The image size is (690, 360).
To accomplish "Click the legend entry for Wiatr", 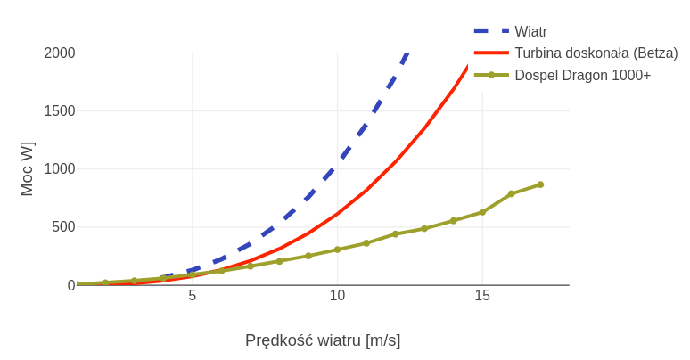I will (530, 31).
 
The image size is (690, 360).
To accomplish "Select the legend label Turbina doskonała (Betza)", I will (596, 53).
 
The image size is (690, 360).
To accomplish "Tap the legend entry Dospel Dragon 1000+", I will (582, 76).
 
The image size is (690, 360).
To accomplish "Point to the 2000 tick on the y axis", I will (60, 53).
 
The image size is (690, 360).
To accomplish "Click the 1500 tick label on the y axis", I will (60, 111).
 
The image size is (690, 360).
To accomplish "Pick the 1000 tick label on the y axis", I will (60, 169).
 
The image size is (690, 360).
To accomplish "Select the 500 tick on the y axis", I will (64, 227).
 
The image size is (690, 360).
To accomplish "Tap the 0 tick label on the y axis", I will (71, 285).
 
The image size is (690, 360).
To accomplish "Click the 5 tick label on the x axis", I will (193, 296).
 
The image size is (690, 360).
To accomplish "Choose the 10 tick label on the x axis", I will (337, 296).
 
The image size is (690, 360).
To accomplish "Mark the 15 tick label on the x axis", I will (482, 296).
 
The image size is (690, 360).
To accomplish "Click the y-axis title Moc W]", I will (27, 169).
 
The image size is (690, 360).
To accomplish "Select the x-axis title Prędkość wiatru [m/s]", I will (323, 340).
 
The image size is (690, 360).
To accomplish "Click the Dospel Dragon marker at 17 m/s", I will (540, 184).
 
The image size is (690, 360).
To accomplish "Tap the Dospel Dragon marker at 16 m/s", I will (512, 193).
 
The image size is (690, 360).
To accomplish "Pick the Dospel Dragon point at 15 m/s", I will (482, 212).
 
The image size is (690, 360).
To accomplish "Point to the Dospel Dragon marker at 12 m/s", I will (395, 234).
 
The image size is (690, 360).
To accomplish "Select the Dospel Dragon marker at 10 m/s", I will (337, 250).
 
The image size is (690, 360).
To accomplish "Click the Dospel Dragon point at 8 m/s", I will (279, 261).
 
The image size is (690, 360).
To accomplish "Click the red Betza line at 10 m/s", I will (337, 214).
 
